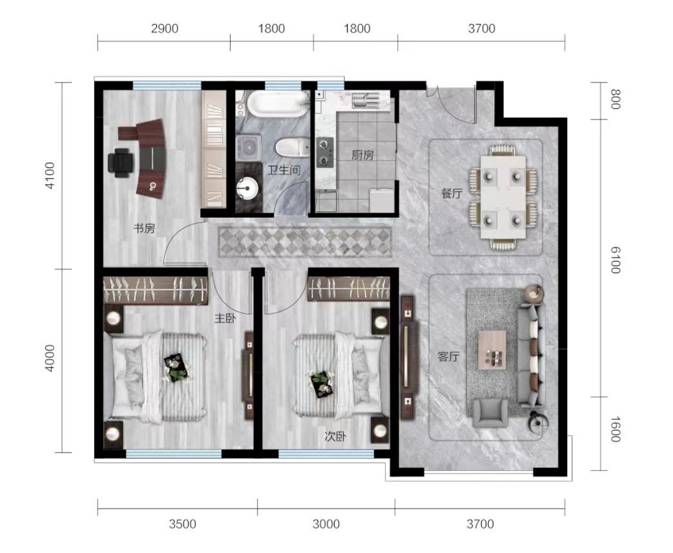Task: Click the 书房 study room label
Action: (144, 229)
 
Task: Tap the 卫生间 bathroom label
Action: (284, 171)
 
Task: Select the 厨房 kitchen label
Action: (363, 156)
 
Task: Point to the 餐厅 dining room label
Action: (452, 193)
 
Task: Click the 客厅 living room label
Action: (448, 357)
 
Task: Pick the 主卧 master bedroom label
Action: (225, 318)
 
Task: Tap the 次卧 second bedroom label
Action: (335, 437)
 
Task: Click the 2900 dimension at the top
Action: (165, 29)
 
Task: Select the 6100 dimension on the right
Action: (616, 260)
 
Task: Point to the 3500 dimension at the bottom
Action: (182, 524)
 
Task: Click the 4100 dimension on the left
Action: (50, 175)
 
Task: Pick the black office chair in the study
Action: (121, 163)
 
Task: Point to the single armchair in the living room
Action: (490, 413)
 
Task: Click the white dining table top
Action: (503, 197)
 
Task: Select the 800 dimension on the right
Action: (616, 99)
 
